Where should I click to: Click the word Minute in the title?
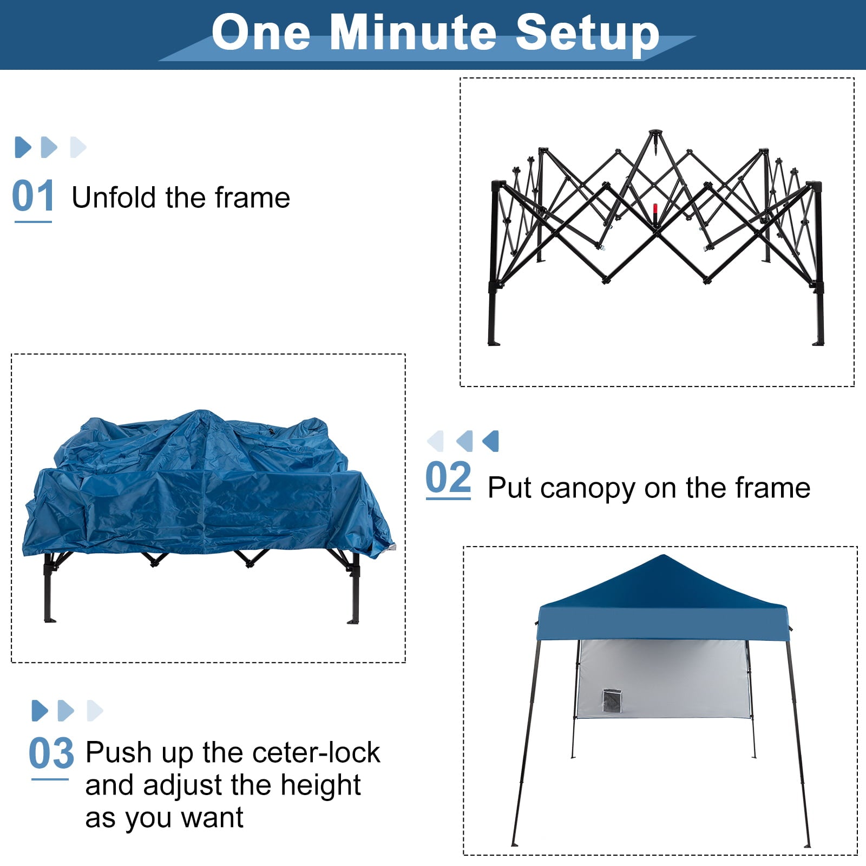coord(413,32)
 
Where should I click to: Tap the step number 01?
coord(33,196)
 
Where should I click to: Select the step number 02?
coord(448,477)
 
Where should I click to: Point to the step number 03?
coord(51,753)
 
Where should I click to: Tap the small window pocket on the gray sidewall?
coord(612,701)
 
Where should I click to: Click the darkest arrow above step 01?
coord(23,147)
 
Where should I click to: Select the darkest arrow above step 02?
coord(491,441)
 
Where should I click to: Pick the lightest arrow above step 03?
coord(94,711)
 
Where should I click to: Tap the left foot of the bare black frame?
coord(494,342)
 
